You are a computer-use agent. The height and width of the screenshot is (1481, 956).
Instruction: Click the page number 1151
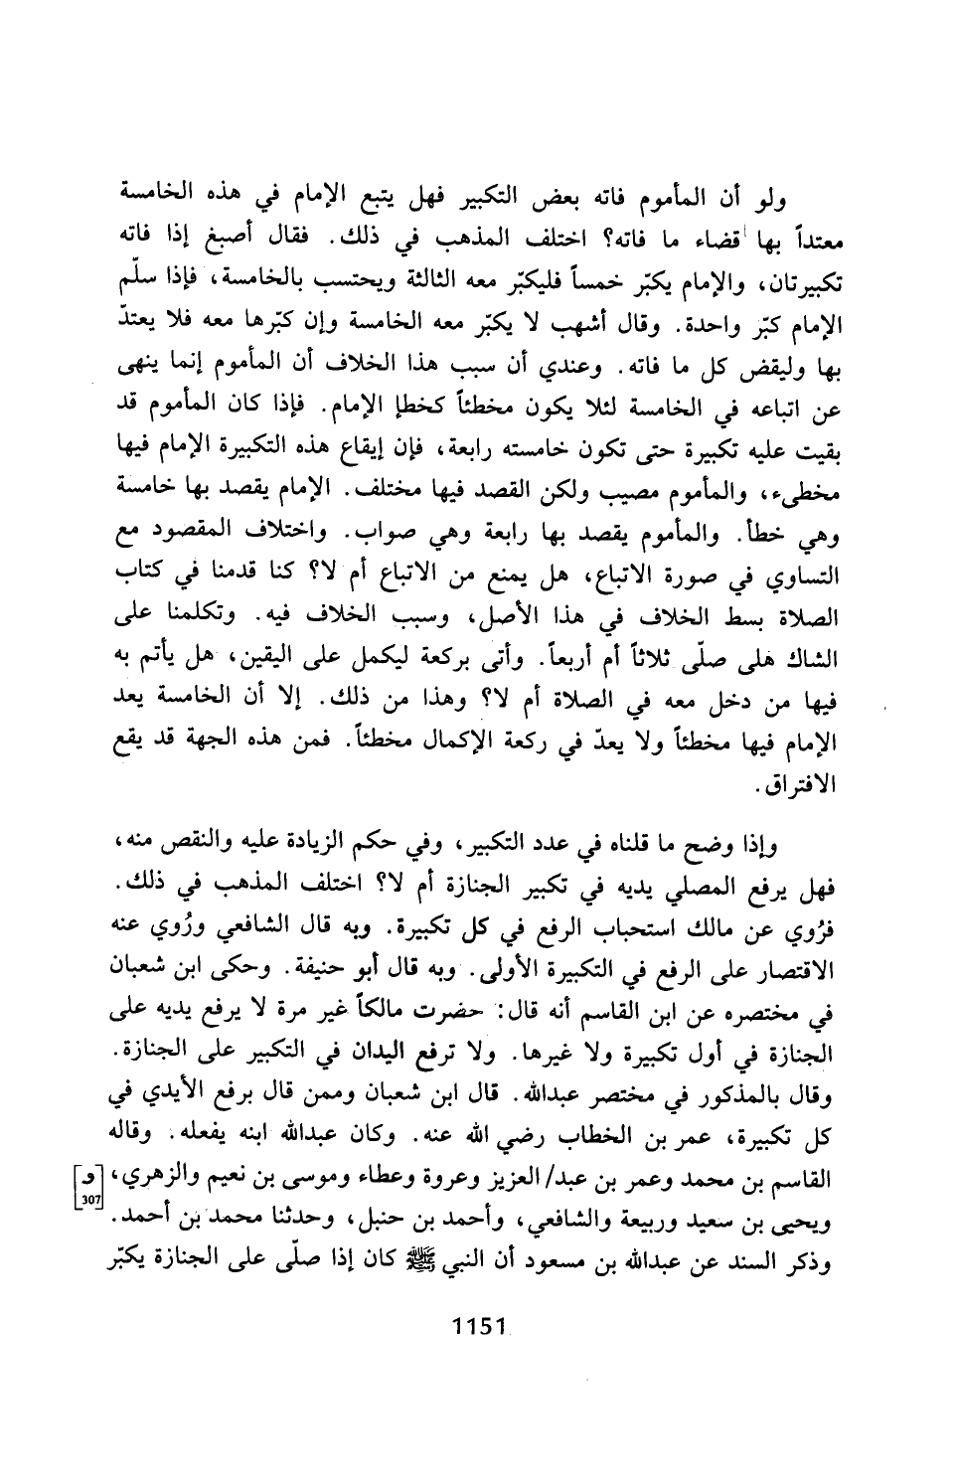pos(479,1326)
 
